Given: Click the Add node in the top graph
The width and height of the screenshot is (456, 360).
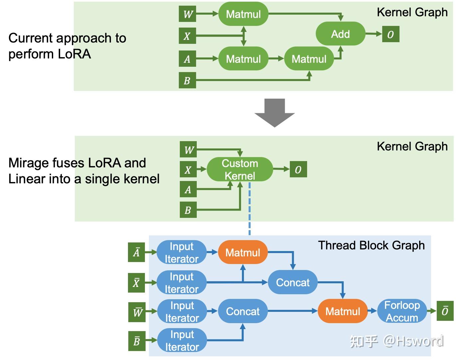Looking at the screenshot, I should point(340,34).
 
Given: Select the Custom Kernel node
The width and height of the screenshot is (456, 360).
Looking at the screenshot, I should point(240,169).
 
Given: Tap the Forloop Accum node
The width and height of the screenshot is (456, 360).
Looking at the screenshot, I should point(402,311).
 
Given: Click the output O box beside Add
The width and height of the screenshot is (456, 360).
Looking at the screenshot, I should point(391,34).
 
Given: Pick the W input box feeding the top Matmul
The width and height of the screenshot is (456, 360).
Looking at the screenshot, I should point(187,14).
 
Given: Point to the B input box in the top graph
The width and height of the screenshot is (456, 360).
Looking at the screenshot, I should point(187,80).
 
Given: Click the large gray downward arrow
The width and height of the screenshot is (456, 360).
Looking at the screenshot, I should point(275,113).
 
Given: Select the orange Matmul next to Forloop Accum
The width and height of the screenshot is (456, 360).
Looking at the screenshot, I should point(343,311).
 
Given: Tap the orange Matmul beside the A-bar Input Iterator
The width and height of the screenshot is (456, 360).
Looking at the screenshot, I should point(243,252).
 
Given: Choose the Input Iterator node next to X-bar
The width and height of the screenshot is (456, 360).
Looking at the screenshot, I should point(181,283).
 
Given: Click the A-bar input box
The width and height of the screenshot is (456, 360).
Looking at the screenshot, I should point(137,252).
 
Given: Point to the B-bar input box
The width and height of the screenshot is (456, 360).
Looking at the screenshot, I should point(137,341).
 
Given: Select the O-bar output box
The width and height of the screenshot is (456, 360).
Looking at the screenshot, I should point(445,311).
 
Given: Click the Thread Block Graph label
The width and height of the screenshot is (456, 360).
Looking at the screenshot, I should point(371,245).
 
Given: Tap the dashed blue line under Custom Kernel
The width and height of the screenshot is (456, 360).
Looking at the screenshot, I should point(250,209).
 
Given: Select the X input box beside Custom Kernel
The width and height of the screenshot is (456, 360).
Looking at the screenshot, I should point(188,170).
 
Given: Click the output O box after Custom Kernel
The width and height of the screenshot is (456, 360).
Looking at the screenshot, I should point(298,169).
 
